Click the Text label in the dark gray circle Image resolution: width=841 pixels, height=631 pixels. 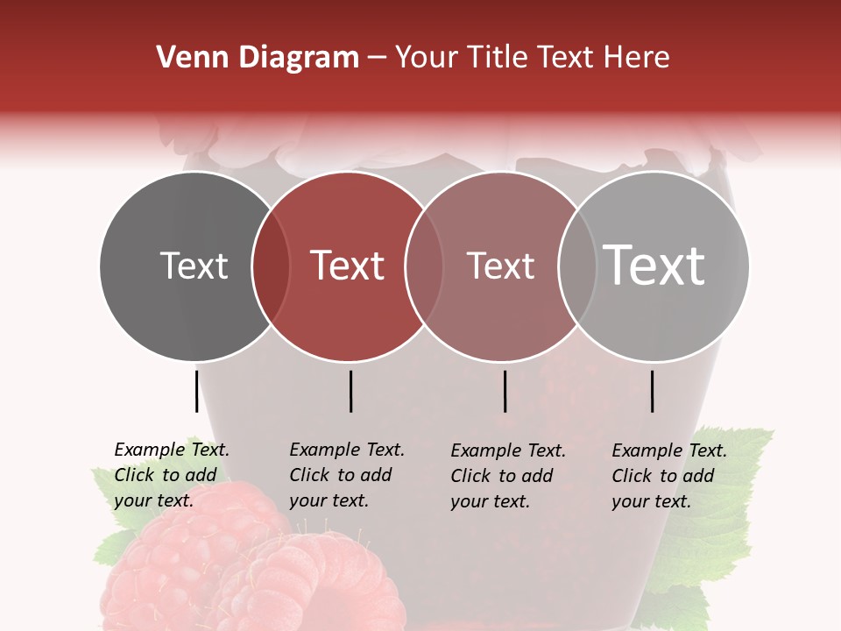194,266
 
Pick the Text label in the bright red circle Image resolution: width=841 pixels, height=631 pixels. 347,266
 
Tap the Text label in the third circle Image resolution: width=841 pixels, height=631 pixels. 500,266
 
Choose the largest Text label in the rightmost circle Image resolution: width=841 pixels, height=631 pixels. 654,265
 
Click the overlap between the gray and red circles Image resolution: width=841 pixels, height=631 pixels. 271,266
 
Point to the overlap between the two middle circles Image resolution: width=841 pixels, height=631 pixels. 423,266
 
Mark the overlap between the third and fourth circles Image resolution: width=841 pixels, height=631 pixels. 576,266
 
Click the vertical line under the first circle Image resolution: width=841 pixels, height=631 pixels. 196,391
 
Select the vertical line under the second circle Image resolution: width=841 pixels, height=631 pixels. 350,391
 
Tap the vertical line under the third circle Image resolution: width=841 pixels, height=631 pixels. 505,391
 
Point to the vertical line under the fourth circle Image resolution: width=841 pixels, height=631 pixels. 652,391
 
